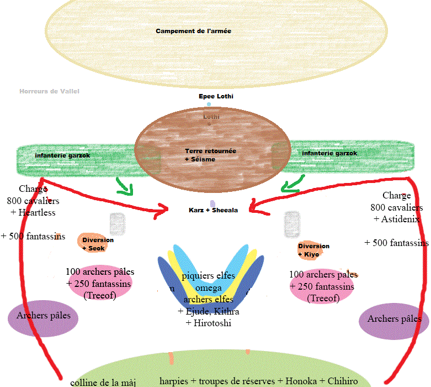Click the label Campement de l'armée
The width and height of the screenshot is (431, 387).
(x=193, y=31)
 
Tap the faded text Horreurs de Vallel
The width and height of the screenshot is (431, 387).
(x=49, y=91)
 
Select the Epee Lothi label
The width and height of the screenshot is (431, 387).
(x=216, y=96)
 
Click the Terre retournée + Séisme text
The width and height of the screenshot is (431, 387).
(x=203, y=155)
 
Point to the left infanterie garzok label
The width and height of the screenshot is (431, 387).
(x=62, y=155)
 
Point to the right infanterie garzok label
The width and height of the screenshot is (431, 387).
(x=329, y=153)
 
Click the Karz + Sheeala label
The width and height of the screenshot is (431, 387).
(x=213, y=210)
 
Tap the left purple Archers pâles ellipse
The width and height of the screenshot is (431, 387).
(x=43, y=316)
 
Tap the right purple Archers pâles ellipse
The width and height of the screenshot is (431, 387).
(x=394, y=319)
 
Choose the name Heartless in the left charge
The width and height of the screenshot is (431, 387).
(x=37, y=212)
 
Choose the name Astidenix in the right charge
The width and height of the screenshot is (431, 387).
(x=397, y=219)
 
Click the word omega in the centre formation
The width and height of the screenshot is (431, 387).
(x=208, y=288)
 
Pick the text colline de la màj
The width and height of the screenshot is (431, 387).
(x=103, y=382)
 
